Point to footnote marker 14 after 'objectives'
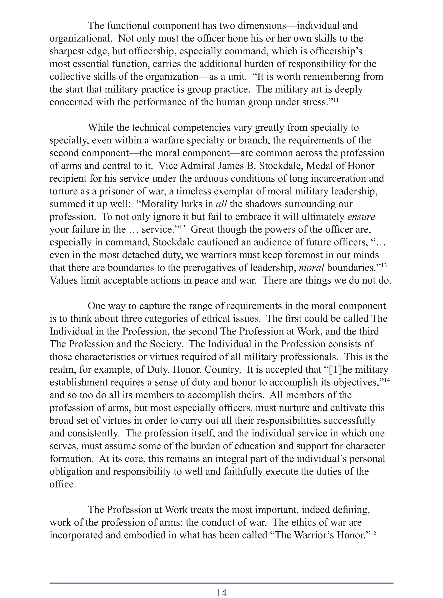pyautogui.click(x=387, y=380)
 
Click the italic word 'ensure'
pyautogui.click(x=361, y=217)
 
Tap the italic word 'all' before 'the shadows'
pyautogui.click(x=221, y=204)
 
